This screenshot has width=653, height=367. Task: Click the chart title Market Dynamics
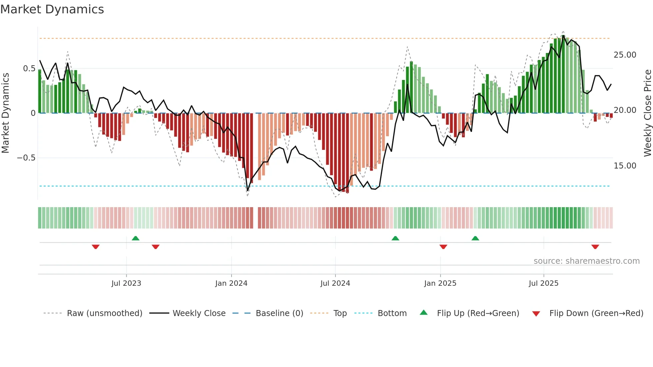[x=52, y=9]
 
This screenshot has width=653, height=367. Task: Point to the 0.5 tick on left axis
[x=29, y=69]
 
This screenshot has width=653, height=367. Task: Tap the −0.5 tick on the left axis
[x=26, y=158]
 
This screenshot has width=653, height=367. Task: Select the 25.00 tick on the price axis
[x=625, y=55]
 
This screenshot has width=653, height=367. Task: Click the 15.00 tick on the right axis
[x=625, y=166]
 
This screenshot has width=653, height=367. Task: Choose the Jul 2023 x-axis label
[x=126, y=283]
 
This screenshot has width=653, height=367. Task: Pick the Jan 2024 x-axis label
[x=231, y=283]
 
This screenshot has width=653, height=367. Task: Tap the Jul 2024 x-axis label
[x=335, y=283]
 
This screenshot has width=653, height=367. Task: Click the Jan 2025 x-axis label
[x=440, y=283]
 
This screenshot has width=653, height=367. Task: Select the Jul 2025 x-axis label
[x=543, y=283]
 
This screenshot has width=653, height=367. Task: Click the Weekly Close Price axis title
[x=647, y=113]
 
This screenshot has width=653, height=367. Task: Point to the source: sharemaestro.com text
[x=586, y=261]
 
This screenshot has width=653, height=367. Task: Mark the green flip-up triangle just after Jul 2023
[x=136, y=238]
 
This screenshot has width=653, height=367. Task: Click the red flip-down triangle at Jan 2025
[x=443, y=247]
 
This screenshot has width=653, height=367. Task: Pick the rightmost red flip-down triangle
[x=595, y=247]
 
